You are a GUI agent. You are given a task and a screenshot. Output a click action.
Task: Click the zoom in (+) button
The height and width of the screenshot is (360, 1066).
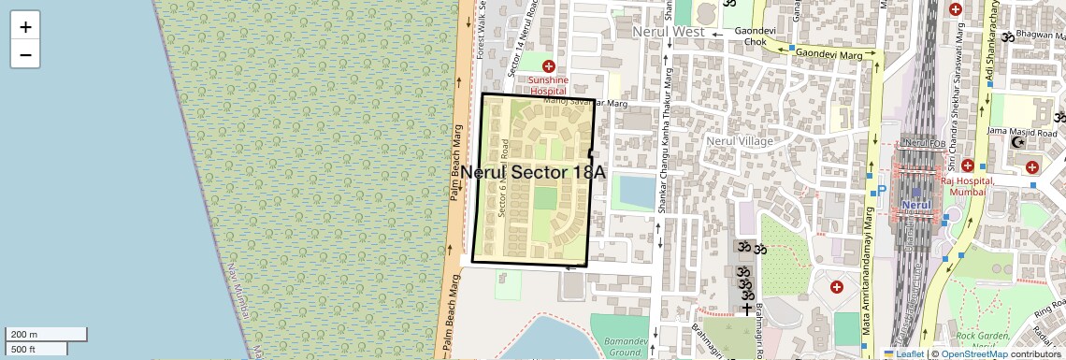(25, 27)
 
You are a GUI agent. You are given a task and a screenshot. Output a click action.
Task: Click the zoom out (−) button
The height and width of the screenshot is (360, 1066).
(25, 54)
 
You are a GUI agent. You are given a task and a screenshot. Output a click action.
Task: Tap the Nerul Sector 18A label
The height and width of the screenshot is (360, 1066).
(533, 173)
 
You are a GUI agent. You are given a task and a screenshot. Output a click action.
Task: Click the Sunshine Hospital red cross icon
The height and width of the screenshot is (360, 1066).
(549, 66)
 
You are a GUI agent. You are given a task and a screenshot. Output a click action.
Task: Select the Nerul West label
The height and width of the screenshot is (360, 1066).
(668, 32)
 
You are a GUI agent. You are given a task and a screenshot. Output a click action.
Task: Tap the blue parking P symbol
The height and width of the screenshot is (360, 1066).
(881, 191)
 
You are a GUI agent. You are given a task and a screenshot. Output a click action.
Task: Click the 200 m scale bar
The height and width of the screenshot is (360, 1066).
(47, 334)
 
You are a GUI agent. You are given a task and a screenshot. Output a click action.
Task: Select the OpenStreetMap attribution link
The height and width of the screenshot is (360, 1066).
(973, 353)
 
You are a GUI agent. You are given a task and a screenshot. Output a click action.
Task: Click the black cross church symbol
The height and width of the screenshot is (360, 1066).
(747, 308)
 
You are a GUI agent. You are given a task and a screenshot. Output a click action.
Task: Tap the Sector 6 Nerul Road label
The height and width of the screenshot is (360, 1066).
(505, 178)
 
